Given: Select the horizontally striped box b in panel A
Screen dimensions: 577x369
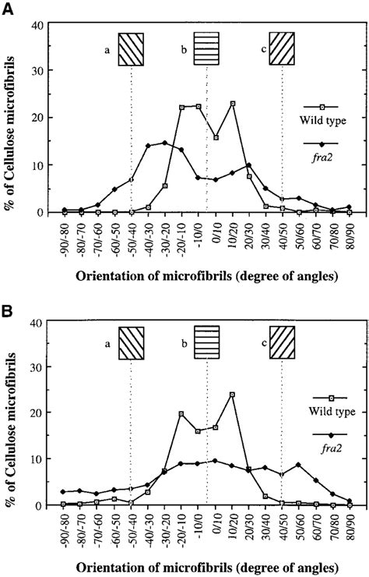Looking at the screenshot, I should pyautogui.click(x=206, y=46).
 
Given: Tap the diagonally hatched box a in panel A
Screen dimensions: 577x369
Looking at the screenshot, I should pyautogui.click(x=132, y=46).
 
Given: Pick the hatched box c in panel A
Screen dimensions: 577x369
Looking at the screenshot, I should pyautogui.click(x=282, y=46).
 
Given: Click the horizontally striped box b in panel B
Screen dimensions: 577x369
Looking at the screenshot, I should pyautogui.click(x=206, y=342).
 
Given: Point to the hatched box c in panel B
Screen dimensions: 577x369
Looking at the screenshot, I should pyautogui.click(x=282, y=342).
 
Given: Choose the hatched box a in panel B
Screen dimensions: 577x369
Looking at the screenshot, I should pyautogui.click(x=132, y=342).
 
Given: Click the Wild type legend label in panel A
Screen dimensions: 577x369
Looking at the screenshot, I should pyautogui.click(x=321, y=121).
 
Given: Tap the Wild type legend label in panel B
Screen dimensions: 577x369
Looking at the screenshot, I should pyautogui.click(x=321, y=414).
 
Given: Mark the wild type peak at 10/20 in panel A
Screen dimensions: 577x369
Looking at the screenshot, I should pyautogui.click(x=232, y=104).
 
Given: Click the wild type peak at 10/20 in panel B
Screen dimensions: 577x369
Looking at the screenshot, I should pyautogui.click(x=232, y=395).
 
